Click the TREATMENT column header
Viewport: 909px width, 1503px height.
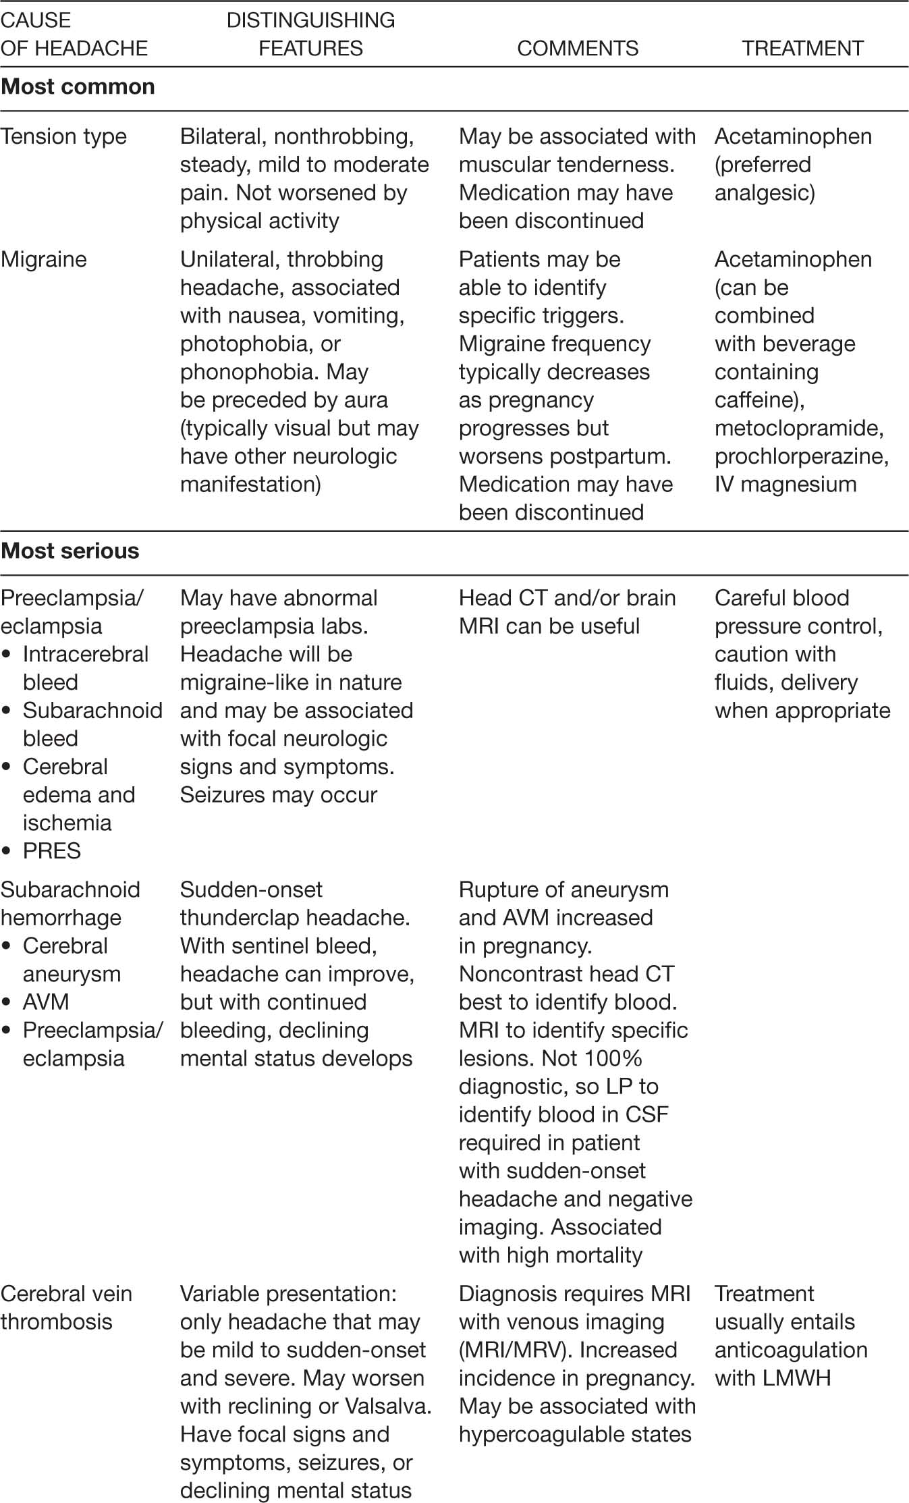802,49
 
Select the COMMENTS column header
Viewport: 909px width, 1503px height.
578,49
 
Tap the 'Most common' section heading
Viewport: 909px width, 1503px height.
78,87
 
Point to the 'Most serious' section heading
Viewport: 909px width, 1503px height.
70,551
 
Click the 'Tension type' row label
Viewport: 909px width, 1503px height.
63,136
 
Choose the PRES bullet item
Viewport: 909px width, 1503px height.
52,851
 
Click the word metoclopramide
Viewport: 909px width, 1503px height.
798,429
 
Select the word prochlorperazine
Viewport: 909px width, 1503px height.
800,457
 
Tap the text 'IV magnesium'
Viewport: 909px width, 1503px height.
786,485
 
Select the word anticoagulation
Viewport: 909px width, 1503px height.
791,1350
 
